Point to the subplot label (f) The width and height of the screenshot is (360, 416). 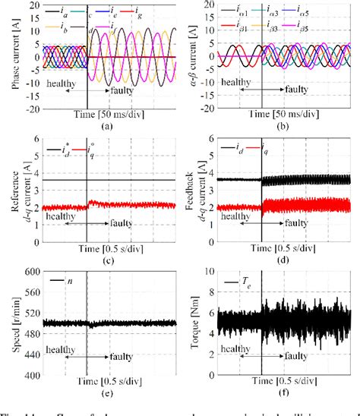pyautogui.click(x=283, y=395)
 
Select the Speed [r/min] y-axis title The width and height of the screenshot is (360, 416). pyautogui.click(x=16, y=323)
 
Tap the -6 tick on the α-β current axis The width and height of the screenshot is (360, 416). pyautogui.click(x=213, y=109)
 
